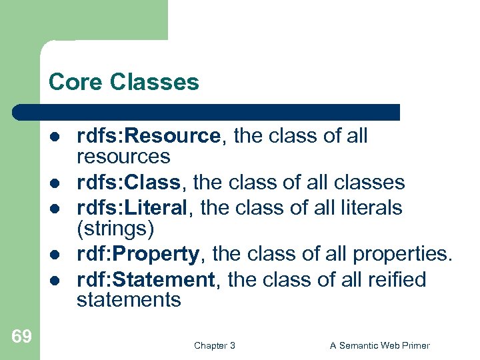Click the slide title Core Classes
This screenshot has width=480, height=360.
pos(123,82)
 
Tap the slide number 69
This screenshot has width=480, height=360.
pos(21,336)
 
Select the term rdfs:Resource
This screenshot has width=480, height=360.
pos(148,136)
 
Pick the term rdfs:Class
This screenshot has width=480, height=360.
pos(128,182)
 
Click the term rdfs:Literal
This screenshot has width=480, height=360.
pos(132,207)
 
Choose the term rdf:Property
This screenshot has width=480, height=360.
pos(137,253)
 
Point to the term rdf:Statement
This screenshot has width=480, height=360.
pos(146,279)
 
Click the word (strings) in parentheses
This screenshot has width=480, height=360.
pos(115,229)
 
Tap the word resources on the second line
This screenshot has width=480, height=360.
pos(123,157)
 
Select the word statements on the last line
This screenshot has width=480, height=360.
pos(129,300)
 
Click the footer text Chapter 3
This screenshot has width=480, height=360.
pos(214,345)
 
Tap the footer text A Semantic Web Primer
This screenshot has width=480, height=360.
pos(380,345)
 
